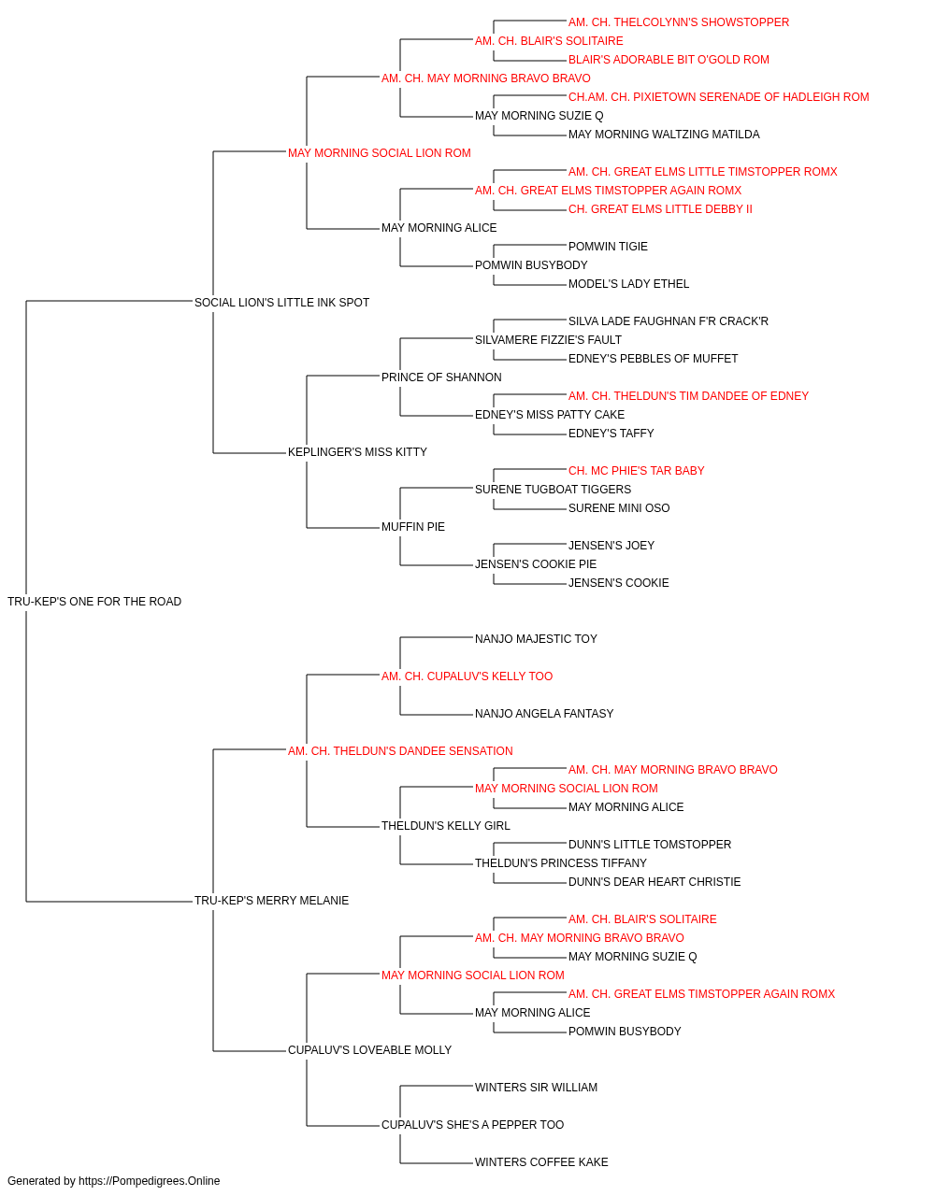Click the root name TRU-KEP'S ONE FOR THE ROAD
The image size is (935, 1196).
[94, 602]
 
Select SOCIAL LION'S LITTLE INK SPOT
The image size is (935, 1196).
[281, 303]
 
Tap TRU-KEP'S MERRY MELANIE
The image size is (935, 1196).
[271, 901]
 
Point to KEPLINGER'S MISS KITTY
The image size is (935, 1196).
[357, 452]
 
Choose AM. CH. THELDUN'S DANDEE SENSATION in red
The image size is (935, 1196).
[400, 750]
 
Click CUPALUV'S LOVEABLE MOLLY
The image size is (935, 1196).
[369, 1049]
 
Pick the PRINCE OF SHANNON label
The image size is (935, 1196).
[441, 377]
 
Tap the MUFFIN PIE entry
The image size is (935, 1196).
[413, 527]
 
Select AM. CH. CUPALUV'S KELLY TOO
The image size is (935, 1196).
[467, 676]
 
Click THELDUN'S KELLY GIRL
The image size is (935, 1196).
[446, 826]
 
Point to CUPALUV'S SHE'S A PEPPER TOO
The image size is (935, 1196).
[472, 1124]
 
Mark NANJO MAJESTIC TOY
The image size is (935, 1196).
[536, 638]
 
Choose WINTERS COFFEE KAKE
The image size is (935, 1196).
[541, 1161]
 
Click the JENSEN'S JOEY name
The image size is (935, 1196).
[611, 546]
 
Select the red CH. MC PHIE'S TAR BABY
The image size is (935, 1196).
[636, 471]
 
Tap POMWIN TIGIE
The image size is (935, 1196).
[608, 247]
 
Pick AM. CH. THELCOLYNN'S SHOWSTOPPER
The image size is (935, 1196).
[679, 22]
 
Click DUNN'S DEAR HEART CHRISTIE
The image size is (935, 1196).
[654, 882]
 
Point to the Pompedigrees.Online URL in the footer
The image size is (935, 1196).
[149, 1181]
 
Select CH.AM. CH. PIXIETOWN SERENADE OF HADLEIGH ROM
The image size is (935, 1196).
[719, 97]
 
